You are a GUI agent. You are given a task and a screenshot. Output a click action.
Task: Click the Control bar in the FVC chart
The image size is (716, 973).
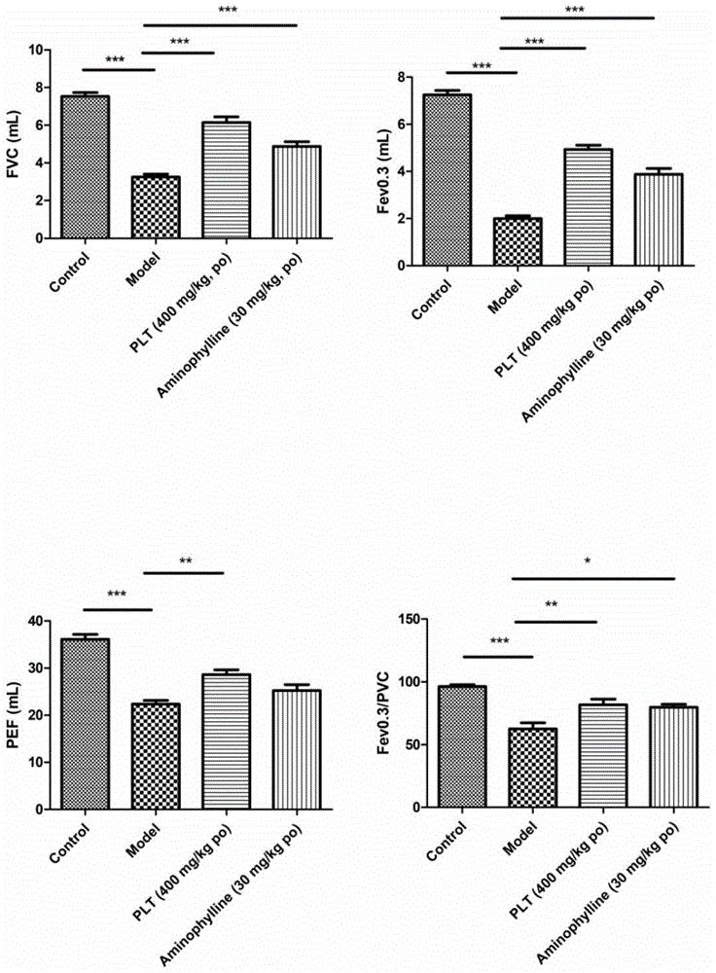(85, 166)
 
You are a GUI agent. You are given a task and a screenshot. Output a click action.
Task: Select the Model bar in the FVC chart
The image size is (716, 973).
(143, 206)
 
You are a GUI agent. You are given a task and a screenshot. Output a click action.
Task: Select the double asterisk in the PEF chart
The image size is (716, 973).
(184, 560)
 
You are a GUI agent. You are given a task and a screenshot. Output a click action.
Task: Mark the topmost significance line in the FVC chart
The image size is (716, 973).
(221, 25)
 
